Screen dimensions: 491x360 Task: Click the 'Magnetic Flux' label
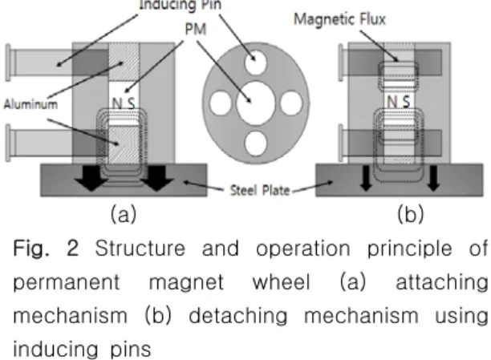(x=339, y=19)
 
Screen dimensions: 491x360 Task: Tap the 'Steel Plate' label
(x=260, y=190)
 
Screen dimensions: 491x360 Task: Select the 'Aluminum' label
(x=30, y=104)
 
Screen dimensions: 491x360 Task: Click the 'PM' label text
(x=196, y=29)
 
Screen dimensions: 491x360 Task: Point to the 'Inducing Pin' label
(x=180, y=5)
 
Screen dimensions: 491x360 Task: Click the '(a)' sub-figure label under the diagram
(x=124, y=214)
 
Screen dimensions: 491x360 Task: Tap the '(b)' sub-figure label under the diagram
(x=411, y=214)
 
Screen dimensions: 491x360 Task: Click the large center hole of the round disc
(x=255, y=103)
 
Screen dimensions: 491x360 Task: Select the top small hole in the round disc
(x=255, y=63)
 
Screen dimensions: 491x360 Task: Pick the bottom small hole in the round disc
(x=255, y=144)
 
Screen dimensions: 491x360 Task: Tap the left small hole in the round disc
(x=221, y=103)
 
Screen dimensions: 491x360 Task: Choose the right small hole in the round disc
(x=291, y=103)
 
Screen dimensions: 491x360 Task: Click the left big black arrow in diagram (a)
(x=91, y=177)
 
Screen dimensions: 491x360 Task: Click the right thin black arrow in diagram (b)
(x=433, y=178)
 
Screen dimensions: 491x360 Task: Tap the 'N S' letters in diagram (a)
(x=124, y=103)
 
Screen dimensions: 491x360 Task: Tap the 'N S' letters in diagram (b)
(x=398, y=102)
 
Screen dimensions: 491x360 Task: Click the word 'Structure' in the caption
(x=140, y=249)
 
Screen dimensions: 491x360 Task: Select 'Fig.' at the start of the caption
(x=31, y=249)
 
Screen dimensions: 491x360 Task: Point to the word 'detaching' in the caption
(x=238, y=316)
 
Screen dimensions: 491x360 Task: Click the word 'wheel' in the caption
(x=281, y=282)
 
